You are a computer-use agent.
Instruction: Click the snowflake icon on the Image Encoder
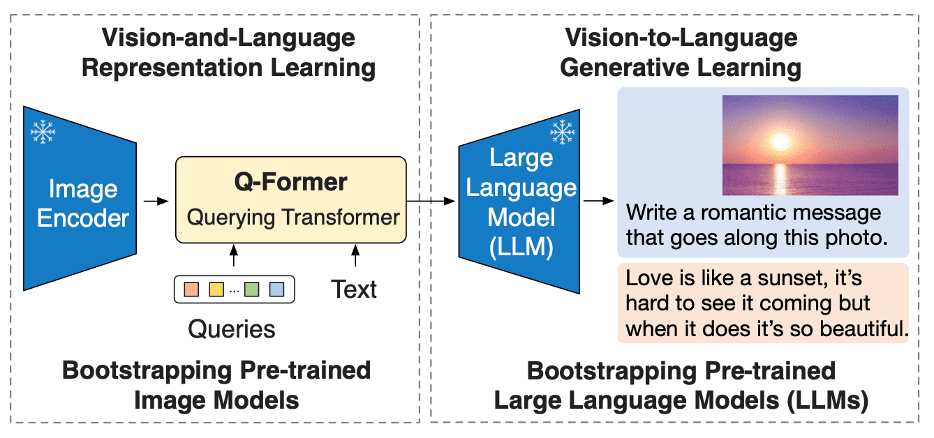pyautogui.click(x=43, y=132)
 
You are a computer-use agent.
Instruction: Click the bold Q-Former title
pyautogui.click(x=290, y=183)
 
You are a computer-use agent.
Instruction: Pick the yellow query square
pyautogui.click(x=216, y=289)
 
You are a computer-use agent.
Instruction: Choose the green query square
pyautogui.click(x=252, y=289)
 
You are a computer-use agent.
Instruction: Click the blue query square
pyautogui.click(x=276, y=289)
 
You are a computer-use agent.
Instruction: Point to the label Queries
pyautogui.click(x=232, y=328)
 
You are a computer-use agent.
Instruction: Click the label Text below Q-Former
pyautogui.click(x=355, y=289)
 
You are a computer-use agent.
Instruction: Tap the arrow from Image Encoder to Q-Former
pyautogui.click(x=156, y=201)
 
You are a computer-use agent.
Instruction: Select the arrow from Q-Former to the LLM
pyautogui.click(x=431, y=201)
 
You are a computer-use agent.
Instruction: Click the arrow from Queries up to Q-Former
pyautogui.click(x=233, y=257)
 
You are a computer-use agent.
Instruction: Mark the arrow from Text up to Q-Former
pyautogui.click(x=355, y=257)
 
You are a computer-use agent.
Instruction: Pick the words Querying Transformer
pyautogui.click(x=293, y=217)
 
